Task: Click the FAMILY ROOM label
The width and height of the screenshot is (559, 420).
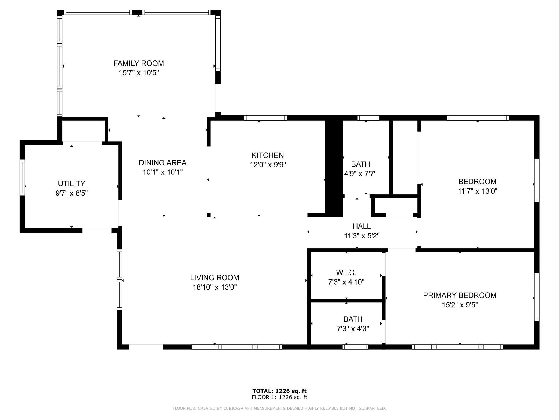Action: (x=139, y=63)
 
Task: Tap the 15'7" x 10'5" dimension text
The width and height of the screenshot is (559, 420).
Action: (x=139, y=73)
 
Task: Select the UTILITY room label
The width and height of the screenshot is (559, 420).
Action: (x=72, y=183)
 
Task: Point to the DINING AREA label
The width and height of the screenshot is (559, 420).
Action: (x=162, y=163)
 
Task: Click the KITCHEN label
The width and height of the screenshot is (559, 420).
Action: (x=267, y=155)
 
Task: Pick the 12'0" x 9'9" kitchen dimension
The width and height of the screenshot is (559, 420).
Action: (x=268, y=165)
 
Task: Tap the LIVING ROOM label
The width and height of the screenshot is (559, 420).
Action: (x=215, y=278)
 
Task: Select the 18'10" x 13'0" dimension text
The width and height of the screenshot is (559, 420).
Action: (x=215, y=287)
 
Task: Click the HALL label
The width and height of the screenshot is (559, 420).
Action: (x=362, y=226)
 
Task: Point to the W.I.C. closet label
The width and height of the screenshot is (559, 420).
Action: (x=346, y=273)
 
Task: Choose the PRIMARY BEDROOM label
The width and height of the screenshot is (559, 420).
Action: (x=460, y=295)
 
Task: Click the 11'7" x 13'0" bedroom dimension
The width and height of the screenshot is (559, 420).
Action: (x=477, y=191)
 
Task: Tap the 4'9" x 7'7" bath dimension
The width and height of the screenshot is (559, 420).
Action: (x=360, y=174)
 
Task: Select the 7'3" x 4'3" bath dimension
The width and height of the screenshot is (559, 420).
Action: (x=353, y=329)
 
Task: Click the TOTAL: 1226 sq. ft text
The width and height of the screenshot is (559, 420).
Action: (x=279, y=391)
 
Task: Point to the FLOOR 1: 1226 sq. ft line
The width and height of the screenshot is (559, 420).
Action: (x=279, y=397)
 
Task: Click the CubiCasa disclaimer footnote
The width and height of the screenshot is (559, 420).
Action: (x=279, y=409)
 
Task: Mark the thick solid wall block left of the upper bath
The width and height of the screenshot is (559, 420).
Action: (x=334, y=167)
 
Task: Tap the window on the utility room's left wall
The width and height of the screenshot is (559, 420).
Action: (x=22, y=177)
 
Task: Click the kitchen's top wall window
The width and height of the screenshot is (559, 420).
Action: (x=265, y=118)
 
